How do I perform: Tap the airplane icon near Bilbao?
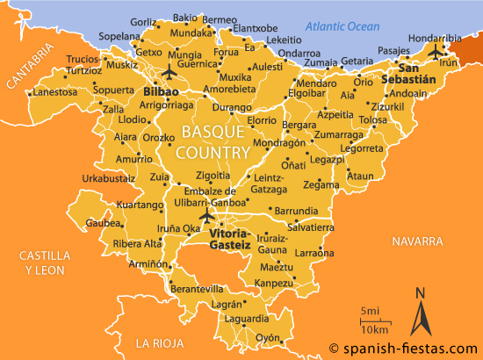[169, 71]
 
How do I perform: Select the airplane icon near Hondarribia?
[434, 53]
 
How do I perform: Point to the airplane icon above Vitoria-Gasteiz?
[207, 215]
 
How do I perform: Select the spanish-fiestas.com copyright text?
[403, 348]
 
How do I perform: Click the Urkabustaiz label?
[109, 178]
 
